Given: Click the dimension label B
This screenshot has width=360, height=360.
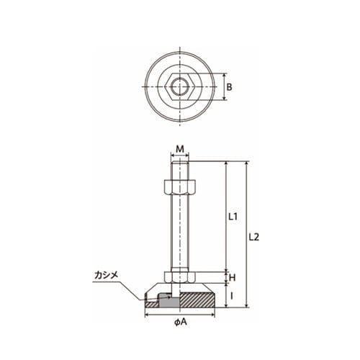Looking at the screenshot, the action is tap(229, 87).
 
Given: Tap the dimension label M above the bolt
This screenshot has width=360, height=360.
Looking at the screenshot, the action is tap(180, 149).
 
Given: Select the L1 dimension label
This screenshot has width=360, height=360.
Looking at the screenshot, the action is tap(233, 217).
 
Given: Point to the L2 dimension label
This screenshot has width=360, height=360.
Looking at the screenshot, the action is tap(254, 237).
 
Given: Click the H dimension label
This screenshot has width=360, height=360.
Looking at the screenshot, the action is tap(233, 278).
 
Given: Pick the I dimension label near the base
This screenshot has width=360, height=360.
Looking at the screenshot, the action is tap(231, 297).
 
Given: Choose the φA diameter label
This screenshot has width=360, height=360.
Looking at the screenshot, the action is tap(181, 322).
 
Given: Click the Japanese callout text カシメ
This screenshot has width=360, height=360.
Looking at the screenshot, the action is tap(107, 275).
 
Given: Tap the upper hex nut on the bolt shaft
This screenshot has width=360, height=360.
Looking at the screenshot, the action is tap(180, 186).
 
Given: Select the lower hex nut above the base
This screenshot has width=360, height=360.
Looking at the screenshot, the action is tap(180, 277).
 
